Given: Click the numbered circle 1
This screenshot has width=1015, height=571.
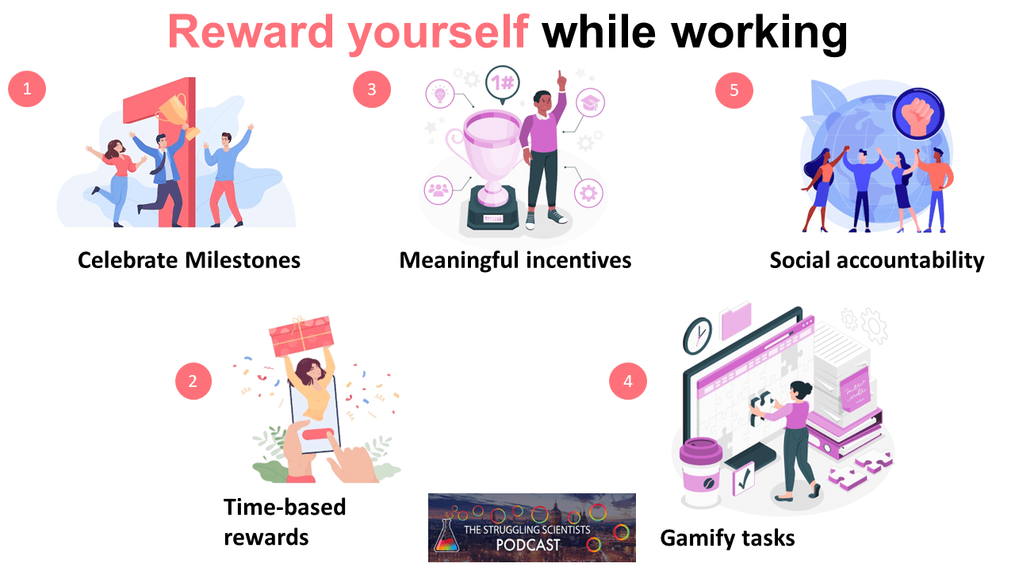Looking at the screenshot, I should [x=27, y=89].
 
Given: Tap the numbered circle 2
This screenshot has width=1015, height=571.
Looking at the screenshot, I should [x=193, y=382].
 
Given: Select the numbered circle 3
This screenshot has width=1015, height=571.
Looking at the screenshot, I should [x=372, y=89].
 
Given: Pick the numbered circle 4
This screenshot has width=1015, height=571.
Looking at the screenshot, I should [x=628, y=381].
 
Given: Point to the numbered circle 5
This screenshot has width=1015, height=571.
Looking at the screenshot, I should [x=734, y=90].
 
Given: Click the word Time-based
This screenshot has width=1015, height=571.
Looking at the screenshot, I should [x=285, y=507].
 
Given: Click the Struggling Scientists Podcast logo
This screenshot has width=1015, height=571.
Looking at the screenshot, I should [x=531, y=527].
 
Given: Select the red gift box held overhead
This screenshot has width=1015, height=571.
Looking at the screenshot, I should [x=301, y=336].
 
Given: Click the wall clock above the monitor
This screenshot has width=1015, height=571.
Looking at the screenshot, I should [x=697, y=335].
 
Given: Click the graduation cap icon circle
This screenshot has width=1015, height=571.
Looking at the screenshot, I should [x=589, y=103].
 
